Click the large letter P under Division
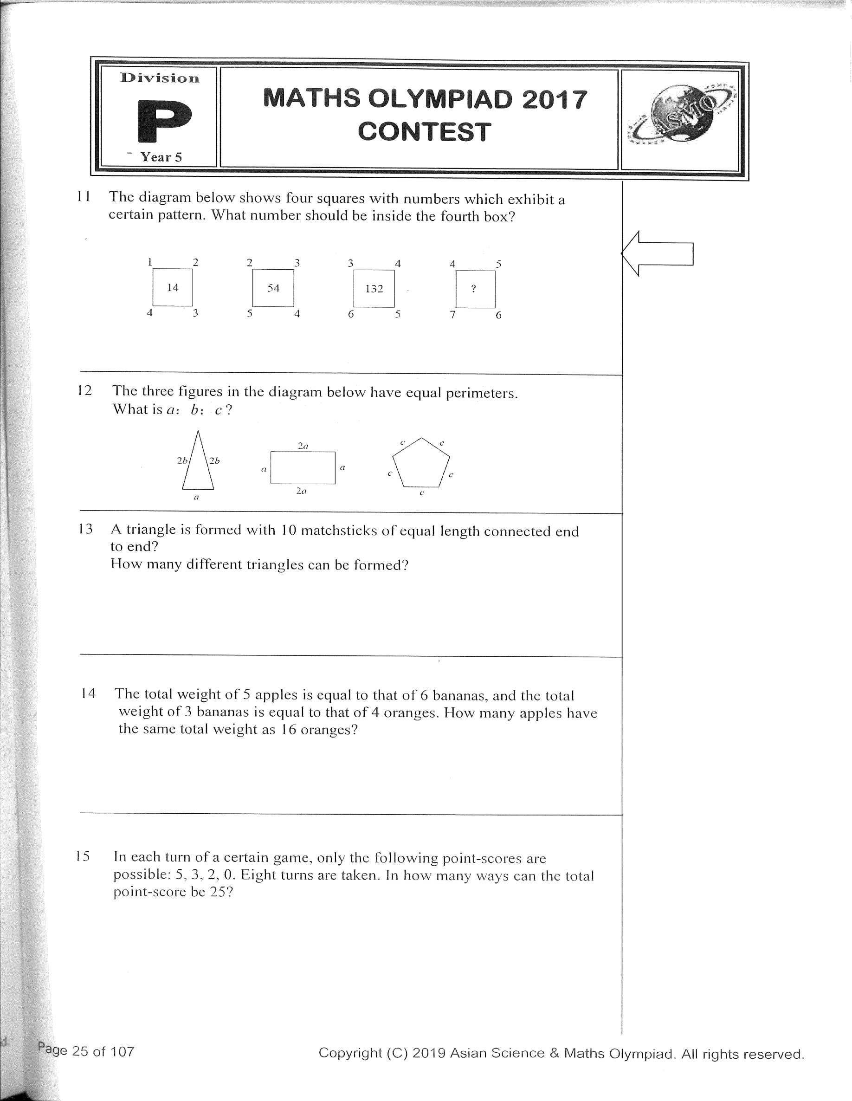tap(164, 121)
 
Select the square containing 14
tap(173, 287)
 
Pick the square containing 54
tap(273, 288)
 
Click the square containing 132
tap(374, 288)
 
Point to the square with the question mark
tap(475, 289)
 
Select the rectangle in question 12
tap(303, 468)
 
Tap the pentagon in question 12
tap(421, 464)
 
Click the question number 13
tap(86, 529)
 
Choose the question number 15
tap(83, 856)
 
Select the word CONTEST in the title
tap(424, 132)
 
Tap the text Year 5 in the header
tap(161, 157)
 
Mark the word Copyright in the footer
tap(350, 1053)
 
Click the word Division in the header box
tap(160, 78)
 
